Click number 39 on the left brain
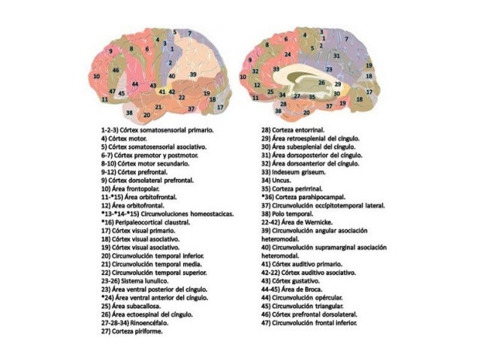point(193,74)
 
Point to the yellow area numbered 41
point(161,91)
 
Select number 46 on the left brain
point(115,70)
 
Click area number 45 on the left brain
point(121,93)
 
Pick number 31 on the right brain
point(337,56)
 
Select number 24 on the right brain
point(288,55)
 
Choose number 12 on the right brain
point(255,89)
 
